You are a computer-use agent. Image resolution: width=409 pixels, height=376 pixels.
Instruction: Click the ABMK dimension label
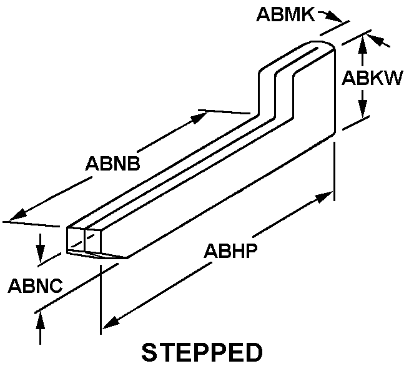285,14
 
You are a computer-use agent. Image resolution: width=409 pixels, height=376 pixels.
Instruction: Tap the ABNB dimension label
112,164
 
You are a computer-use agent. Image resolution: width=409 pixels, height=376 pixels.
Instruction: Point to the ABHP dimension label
230,250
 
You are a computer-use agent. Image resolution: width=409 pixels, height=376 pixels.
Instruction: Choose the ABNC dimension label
36,285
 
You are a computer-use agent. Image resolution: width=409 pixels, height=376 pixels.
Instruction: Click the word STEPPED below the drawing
202,352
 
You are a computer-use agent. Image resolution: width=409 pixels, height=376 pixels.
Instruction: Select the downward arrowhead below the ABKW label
362,107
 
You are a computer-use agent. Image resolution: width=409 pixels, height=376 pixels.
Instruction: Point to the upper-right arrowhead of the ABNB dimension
199,117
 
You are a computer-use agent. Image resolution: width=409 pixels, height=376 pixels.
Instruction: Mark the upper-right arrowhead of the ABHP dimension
324,197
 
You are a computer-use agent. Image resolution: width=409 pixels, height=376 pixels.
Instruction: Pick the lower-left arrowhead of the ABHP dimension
112,322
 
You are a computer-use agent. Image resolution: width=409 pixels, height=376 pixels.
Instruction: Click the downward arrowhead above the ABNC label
40,253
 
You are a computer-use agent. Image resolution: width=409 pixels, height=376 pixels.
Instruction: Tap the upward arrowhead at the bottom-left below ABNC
40,321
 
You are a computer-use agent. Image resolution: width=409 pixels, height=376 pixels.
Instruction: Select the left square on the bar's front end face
76,240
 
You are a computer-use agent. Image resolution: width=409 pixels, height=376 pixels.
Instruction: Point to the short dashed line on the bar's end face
82,241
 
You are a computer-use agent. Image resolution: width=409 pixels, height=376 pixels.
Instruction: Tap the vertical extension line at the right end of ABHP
335,171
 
